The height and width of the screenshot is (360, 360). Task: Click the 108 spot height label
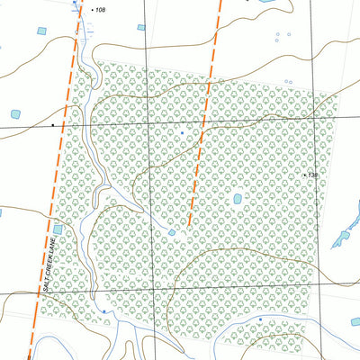click(101, 10)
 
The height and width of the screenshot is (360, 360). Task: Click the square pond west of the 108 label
click(40, 31)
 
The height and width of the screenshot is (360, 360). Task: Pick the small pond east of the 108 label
click(141, 27)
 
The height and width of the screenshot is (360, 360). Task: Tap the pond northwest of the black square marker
click(14, 114)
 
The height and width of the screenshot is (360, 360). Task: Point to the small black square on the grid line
click(53, 124)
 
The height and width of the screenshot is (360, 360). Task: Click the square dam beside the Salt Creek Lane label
click(58, 229)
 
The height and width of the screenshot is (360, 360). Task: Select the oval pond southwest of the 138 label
click(238, 199)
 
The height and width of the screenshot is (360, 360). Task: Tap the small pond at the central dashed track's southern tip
click(172, 233)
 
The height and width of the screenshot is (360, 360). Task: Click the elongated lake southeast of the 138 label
click(342, 237)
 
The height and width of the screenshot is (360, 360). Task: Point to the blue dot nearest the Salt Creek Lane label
click(103, 311)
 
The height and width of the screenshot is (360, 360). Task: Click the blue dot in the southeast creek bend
click(260, 319)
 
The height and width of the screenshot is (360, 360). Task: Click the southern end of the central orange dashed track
click(189, 226)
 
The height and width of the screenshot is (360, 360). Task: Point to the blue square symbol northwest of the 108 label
click(75, 4)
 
